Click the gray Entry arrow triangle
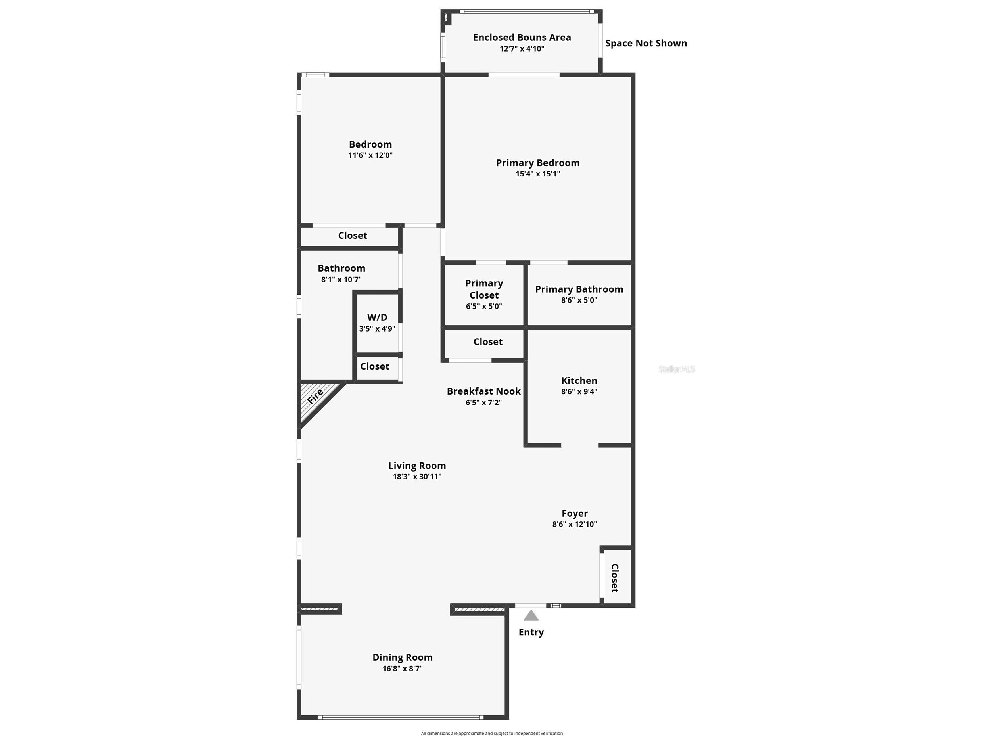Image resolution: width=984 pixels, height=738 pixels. pyautogui.click(x=531, y=616)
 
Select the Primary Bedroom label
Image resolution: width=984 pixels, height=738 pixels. pyautogui.click(x=537, y=163)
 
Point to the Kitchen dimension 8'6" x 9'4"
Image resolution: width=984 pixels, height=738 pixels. pyautogui.click(x=579, y=391)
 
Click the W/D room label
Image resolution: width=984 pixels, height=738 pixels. pyautogui.click(x=377, y=317)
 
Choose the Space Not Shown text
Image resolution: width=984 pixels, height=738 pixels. pyautogui.click(x=645, y=43)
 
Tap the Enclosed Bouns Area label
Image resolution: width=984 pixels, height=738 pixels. pyautogui.click(x=522, y=37)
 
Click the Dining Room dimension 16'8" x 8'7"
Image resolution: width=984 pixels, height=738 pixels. pyautogui.click(x=402, y=668)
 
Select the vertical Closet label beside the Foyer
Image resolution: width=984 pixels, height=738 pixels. pyautogui.click(x=614, y=578)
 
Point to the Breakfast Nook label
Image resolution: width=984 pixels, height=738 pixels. pyautogui.click(x=483, y=391)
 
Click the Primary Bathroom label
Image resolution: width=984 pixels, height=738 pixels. pyautogui.click(x=579, y=289)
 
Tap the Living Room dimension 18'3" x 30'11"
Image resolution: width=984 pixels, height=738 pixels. pyautogui.click(x=416, y=476)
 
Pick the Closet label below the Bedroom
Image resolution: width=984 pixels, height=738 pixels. pyautogui.click(x=352, y=235)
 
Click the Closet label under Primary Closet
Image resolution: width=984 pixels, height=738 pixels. pyautogui.click(x=487, y=342)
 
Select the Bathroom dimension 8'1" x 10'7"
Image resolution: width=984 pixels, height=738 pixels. pyautogui.click(x=341, y=279)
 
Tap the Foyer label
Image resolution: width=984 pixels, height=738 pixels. pyautogui.click(x=574, y=514)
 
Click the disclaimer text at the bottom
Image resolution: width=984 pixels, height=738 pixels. pyautogui.click(x=491, y=733)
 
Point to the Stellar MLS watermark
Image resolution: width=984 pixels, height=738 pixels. pyautogui.click(x=676, y=369)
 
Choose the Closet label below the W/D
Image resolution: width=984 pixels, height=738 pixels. pyautogui.click(x=374, y=366)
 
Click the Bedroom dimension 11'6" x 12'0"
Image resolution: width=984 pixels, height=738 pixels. pyautogui.click(x=370, y=155)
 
